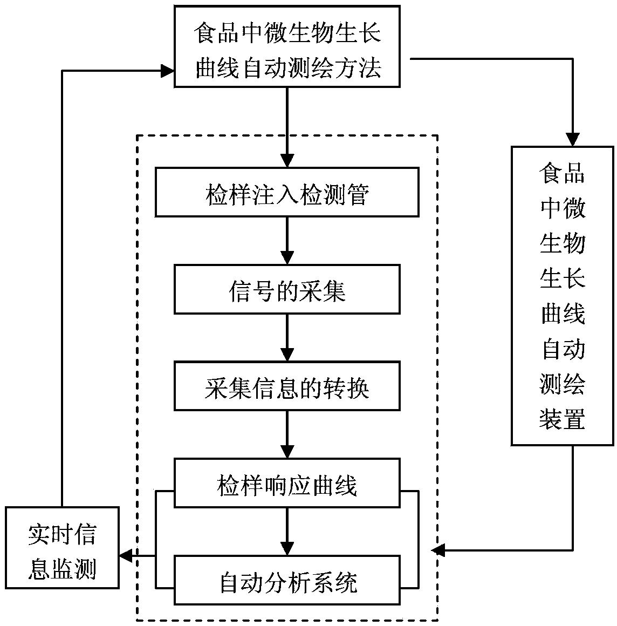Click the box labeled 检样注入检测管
[287, 192]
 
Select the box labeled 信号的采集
[287, 289]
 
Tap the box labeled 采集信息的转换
[287, 386]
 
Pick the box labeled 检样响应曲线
[287, 483]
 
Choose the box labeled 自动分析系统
[287, 580]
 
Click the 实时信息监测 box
[62, 548]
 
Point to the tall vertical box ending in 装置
[563, 296]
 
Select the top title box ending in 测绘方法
[287, 46]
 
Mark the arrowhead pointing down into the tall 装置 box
[572, 139]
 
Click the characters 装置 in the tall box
[563, 418]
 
